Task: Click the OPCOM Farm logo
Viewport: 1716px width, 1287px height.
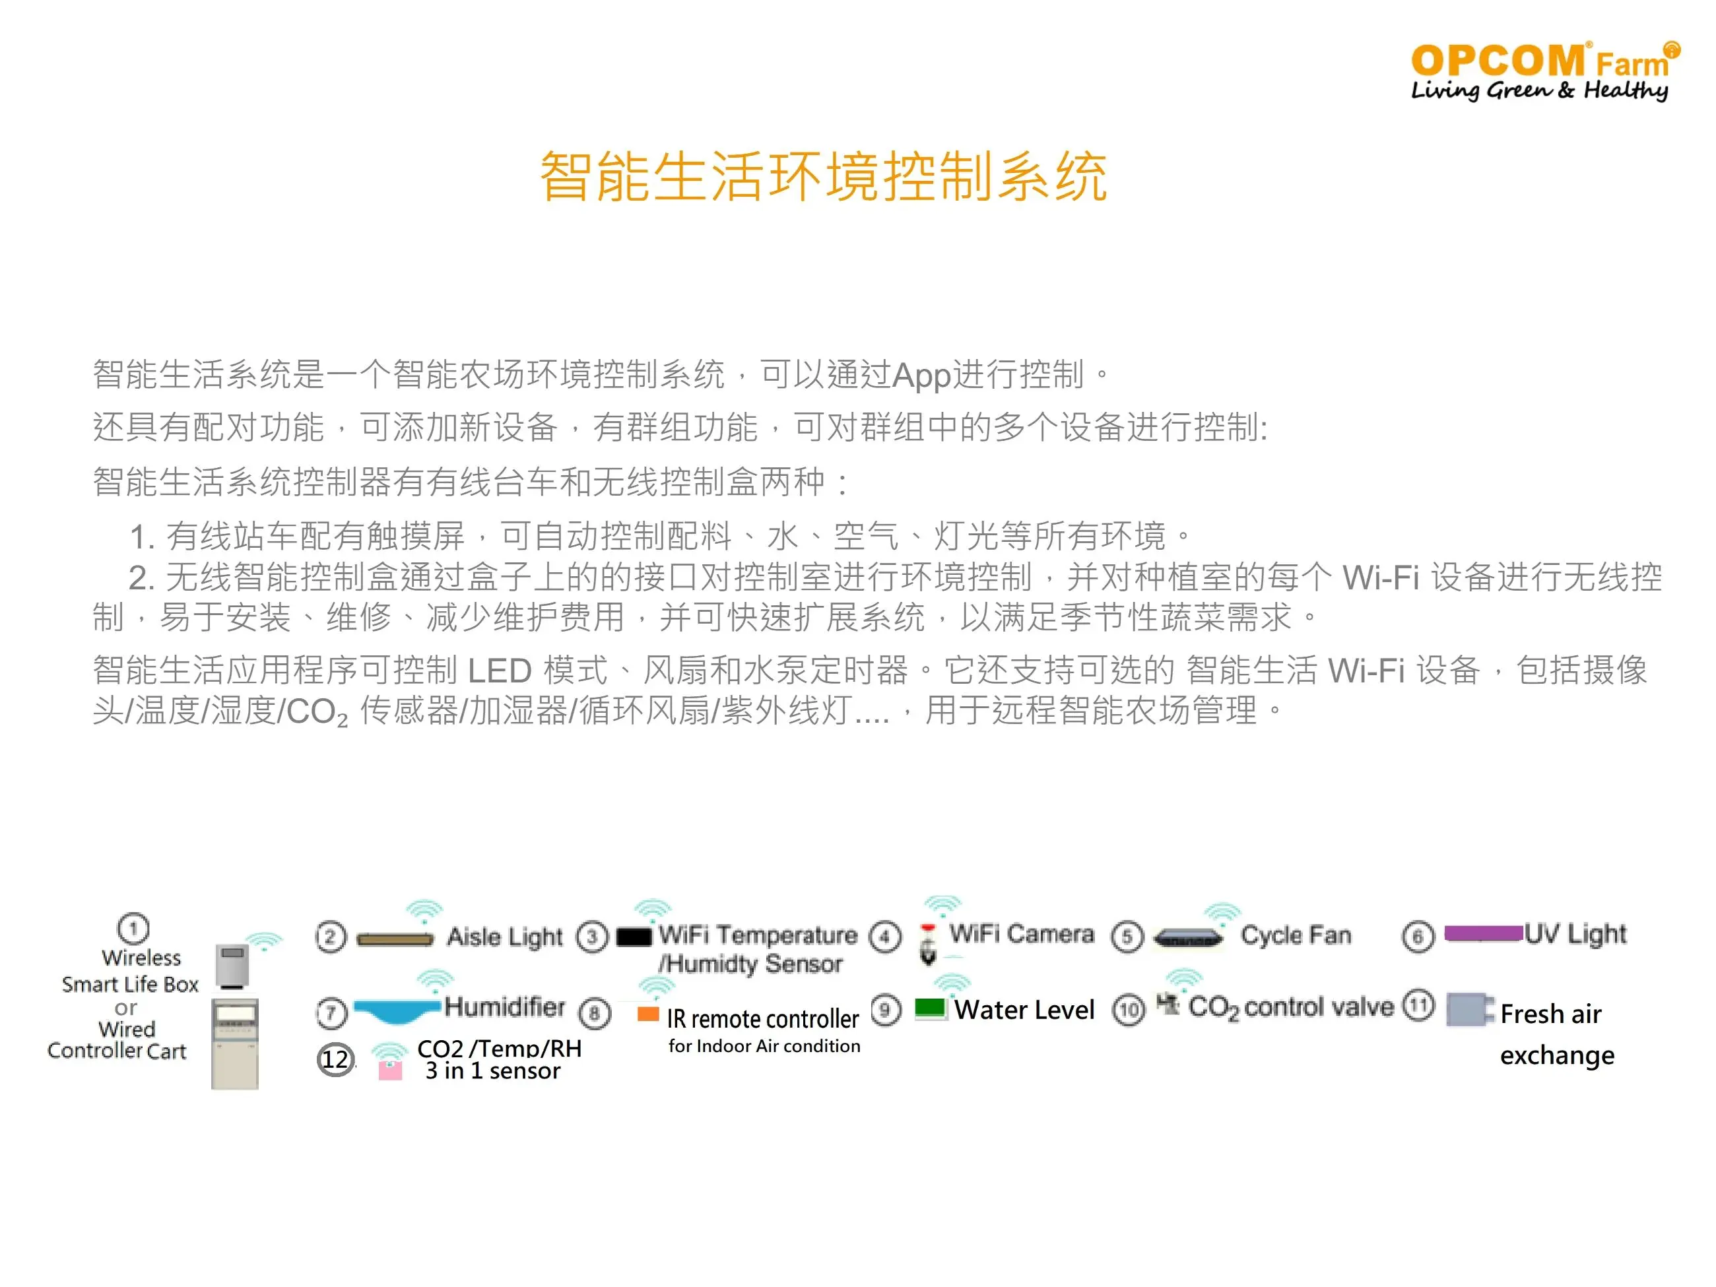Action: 1544,71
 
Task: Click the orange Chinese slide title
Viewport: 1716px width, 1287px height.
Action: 823,177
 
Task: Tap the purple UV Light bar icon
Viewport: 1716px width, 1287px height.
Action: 1483,933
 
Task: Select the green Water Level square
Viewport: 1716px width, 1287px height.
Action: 929,1008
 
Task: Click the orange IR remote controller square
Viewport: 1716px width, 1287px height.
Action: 647,1014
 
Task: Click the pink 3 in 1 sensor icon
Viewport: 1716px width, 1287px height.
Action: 389,1071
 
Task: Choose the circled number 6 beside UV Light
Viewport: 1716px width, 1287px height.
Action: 1418,937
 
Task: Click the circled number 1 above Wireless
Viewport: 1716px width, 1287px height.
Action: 133,928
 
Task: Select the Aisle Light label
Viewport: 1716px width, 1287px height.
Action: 504,937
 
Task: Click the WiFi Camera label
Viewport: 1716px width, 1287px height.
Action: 1022,933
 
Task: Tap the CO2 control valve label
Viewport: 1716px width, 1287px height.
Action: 1291,1008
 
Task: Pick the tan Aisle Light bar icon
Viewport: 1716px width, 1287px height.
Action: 395,939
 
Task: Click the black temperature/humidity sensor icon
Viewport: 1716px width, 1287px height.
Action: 634,937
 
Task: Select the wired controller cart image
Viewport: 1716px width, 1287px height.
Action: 235,1044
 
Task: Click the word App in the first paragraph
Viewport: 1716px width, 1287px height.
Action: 921,376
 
